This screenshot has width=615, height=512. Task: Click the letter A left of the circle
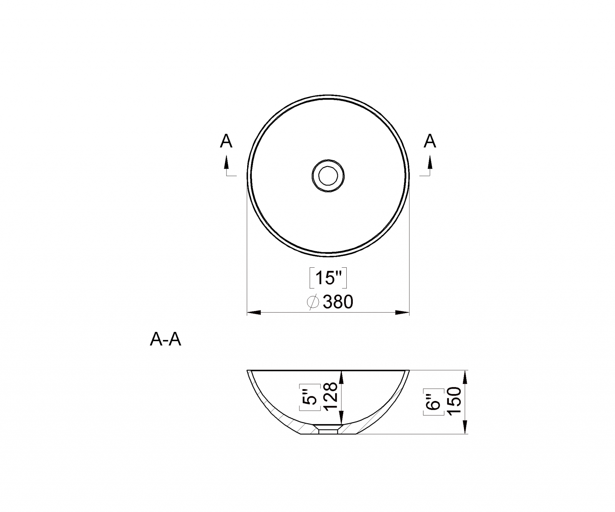tap(226, 141)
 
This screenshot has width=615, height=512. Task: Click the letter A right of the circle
tap(430, 141)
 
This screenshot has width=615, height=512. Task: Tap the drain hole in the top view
tap(328, 176)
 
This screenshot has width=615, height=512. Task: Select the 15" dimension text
tap(328, 278)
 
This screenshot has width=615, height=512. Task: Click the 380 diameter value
tap(338, 302)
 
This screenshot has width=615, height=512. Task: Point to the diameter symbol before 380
tap(313, 302)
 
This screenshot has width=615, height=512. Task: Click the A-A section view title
tap(165, 340)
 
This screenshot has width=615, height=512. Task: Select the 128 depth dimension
tap(331, 397)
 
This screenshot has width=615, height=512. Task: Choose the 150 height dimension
tap(454, 401)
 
